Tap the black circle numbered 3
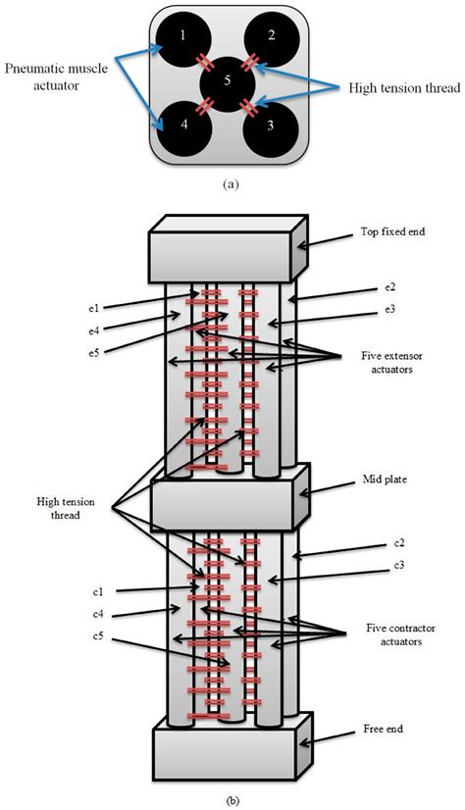270,127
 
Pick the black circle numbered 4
182,127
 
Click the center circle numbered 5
227,82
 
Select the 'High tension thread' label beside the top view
389,87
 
